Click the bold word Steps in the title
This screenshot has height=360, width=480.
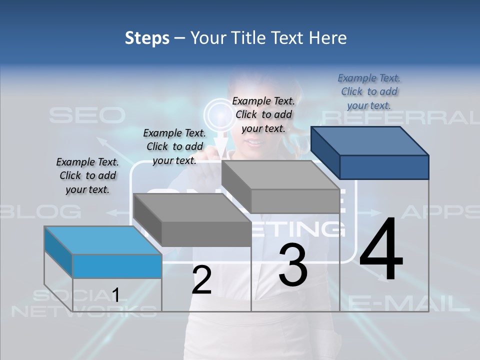(x=147, y=38)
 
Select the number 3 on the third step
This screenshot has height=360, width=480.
(x=293, y=265)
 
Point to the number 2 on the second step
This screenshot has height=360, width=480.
(x=201, y=279)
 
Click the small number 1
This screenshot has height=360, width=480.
(x=115, y=295)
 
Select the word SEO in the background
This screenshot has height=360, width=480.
(x=87, y=116)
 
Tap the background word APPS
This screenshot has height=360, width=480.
(x=440, y=211)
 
